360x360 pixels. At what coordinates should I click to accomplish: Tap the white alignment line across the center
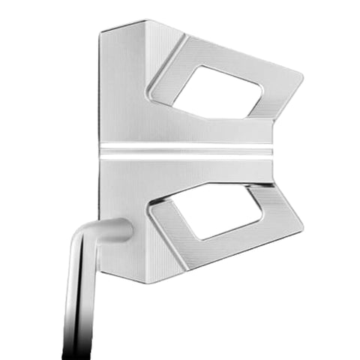pyautogui.click(x=187, y=151)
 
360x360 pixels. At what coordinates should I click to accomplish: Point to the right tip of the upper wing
pyautogui.click(x=301, y=77)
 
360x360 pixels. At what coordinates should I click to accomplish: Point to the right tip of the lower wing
pyautogui.click(x=301, y=223)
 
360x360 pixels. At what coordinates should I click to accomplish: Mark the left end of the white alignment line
pyautogui.click(x=103, y=151)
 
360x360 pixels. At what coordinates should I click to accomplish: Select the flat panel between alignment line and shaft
pyautogui.click(x=124, y=187)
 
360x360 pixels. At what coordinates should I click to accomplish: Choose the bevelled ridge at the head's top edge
pyautogui.click(x=127, y=26)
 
